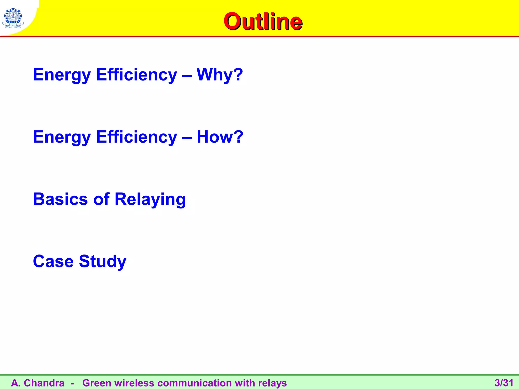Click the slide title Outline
[x=263, y=22]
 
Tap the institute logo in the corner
[x=12, y=18]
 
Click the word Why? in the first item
[x=220, y=75]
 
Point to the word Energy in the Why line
[x=62, y=75]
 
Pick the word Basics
[x=60, y=199]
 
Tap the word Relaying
[x=150, y=200]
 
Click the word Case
[x=53, y=261]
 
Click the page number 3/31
[x=504, y=383]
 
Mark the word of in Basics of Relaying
[x=101, y=199]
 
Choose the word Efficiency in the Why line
[x=137, y=75]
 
